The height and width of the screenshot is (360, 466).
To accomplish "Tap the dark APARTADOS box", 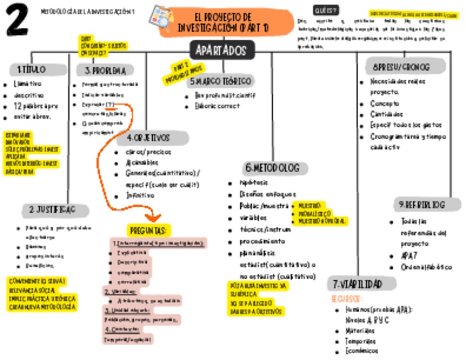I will click(222, 51).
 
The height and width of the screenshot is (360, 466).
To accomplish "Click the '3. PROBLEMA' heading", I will click(109, 70).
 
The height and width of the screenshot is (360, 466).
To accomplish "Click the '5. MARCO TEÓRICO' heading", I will click(220, 81).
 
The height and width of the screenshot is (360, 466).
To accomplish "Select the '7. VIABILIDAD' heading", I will click(364, 284).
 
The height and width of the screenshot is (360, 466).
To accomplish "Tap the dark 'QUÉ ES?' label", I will click(325, 10).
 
